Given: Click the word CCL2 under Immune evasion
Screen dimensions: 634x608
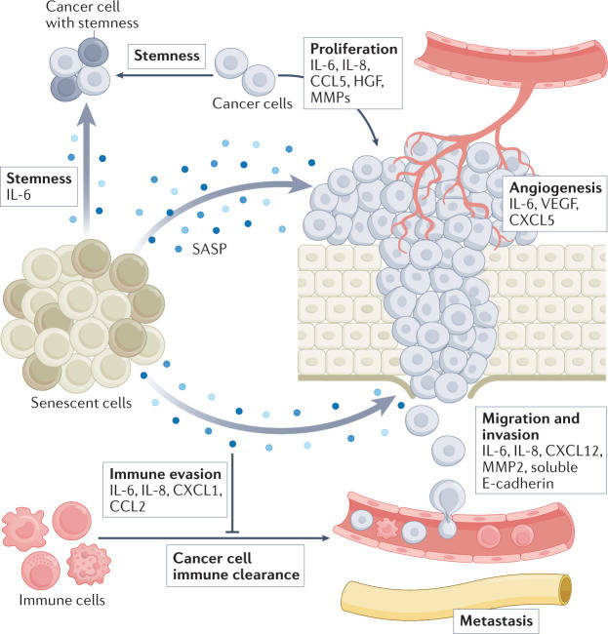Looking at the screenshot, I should pos(129,506).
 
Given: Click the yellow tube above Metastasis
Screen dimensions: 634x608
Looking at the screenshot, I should pos(459,585).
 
